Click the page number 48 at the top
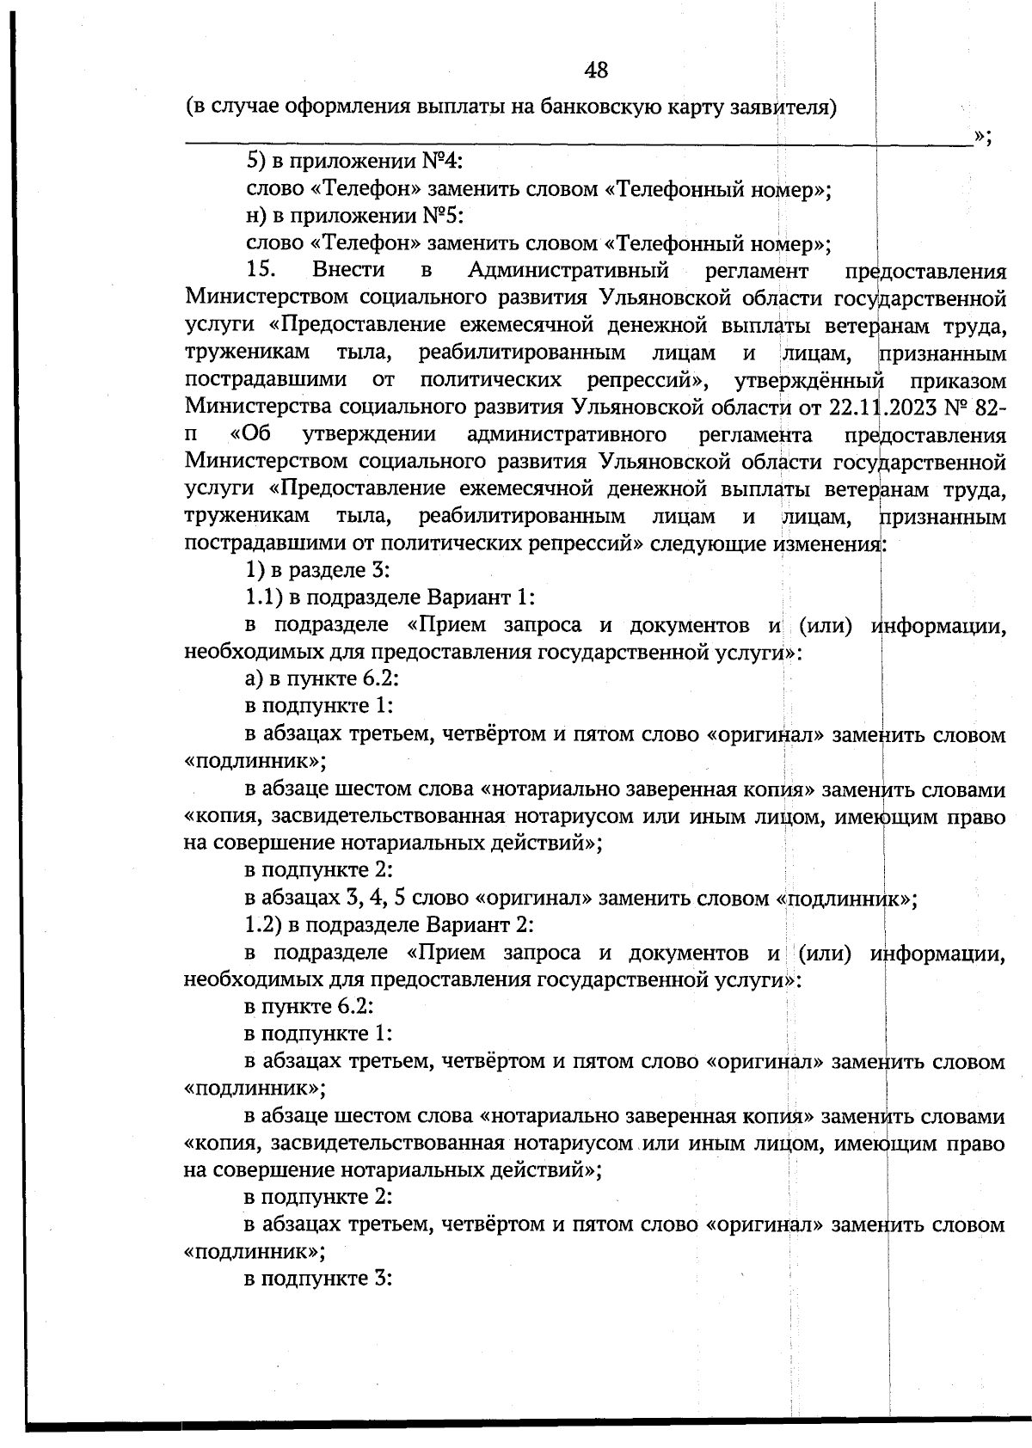click(x=596, y=70)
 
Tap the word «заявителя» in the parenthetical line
click(x=783, y=108)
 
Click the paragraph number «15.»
click(x=261, y=271)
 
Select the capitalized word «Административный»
click(x=568, y=271)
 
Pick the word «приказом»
click(x=963, y=379)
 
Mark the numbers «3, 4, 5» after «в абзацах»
click(x=375, y=899)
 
